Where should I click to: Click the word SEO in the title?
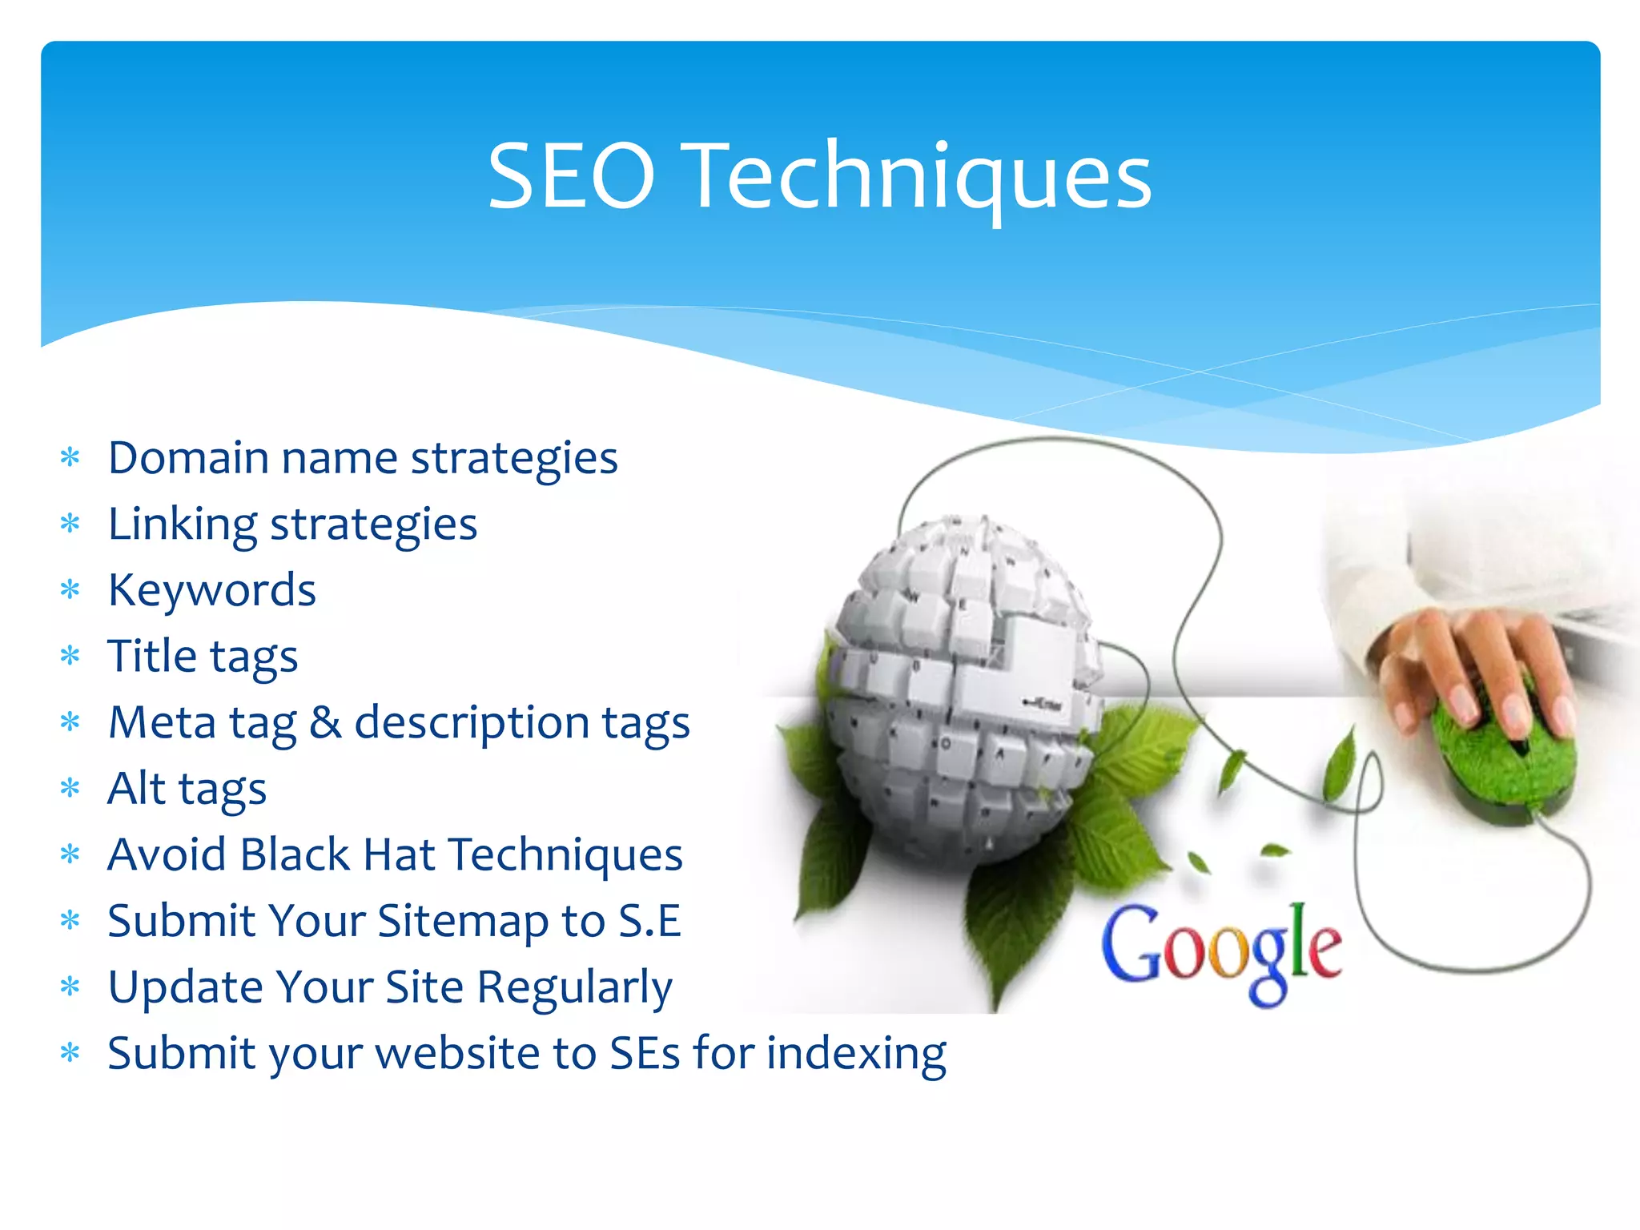(572, 176)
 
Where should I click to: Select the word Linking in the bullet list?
(183, 525)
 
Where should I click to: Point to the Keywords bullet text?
(212, 591)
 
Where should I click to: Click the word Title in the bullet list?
(152, 657)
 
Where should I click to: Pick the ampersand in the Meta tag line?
(325, 722)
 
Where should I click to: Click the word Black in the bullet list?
(295, 854)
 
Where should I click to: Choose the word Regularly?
(574, 987)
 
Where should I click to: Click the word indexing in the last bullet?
(856, 1053)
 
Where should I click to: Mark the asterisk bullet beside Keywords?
(70, 591)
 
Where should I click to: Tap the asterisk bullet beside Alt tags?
(70, 789)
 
